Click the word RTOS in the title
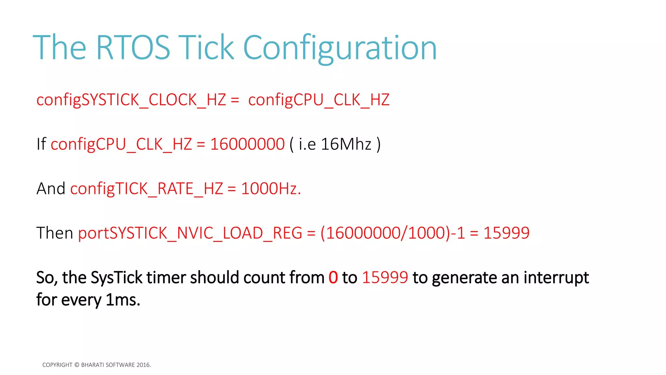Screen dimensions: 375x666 pos(133,48)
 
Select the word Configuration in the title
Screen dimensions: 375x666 pos(340,48)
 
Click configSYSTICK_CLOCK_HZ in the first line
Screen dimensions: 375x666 pos(131,100)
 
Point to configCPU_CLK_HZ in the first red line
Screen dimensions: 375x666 pos(319,100)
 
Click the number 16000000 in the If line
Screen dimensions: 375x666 pos(247,144)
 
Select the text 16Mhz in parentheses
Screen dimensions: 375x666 pos(346,144)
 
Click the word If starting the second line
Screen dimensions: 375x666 pos(41,144)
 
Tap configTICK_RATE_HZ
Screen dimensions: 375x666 pos(147,189)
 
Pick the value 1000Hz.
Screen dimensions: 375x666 pos(271,189)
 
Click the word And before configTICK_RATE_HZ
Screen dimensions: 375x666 pos(51,189)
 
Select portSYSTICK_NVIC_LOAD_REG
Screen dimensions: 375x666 pos(190,233)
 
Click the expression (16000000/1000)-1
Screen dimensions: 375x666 pos(393,233)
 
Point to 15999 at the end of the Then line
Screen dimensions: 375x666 pos(506,233)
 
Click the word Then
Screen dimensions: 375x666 pos(55,233)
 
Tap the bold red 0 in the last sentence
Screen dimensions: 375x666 pos(333,278)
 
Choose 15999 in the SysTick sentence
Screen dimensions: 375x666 pos(385,278)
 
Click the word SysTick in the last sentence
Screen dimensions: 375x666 pos(116,278)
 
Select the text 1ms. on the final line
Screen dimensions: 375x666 pos(123,300)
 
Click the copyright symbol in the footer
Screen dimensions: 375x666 pos(77,365)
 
